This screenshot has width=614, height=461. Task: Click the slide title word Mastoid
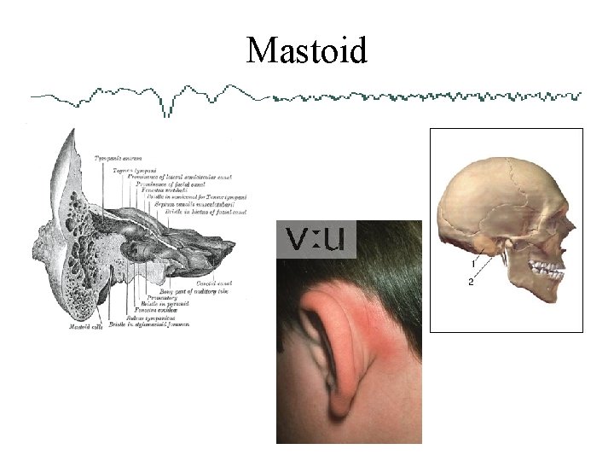tap(307, 50)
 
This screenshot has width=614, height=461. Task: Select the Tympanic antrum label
tap(118, 158)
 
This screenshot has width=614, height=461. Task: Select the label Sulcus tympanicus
tap(150, 318)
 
